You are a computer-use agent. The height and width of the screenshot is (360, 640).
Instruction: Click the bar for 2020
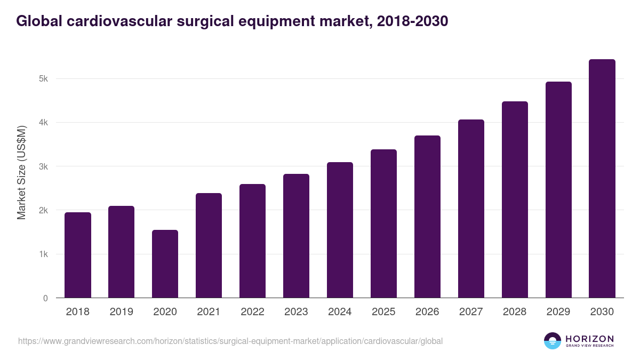click(165, 264)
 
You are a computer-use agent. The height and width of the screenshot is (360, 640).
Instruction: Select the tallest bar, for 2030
click(602, 179)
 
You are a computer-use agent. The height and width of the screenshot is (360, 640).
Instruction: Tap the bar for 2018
click(78, 255)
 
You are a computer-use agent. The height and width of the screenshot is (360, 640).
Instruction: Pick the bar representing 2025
click(384, 223)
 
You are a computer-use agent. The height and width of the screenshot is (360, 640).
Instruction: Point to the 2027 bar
click(471, 209)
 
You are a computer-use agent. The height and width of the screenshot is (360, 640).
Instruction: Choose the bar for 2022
click(252, 241)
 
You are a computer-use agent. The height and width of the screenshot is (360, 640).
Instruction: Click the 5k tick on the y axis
click(43, 79)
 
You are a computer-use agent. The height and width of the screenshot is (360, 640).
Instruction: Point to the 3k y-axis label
click(43, 166)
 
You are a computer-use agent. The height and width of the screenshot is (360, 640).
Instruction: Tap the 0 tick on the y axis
click(45, 298)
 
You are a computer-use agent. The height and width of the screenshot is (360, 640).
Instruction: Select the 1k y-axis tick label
click(43, 254)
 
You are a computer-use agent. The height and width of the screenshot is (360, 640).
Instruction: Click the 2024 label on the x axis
click(340, 312)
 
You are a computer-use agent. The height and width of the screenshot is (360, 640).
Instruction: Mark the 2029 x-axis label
click(558, 312)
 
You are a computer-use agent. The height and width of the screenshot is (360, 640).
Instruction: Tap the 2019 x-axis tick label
click(121, 312)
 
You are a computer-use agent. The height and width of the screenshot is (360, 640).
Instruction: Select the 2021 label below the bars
click(209, 312)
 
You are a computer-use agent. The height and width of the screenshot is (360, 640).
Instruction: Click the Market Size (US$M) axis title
click(22, 172)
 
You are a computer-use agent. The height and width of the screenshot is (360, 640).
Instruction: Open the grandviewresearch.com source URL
click(230, 341)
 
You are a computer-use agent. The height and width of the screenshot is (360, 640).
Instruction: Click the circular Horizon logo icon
click(553, 341)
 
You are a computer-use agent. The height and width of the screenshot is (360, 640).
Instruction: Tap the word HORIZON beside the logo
click(589, 339)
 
